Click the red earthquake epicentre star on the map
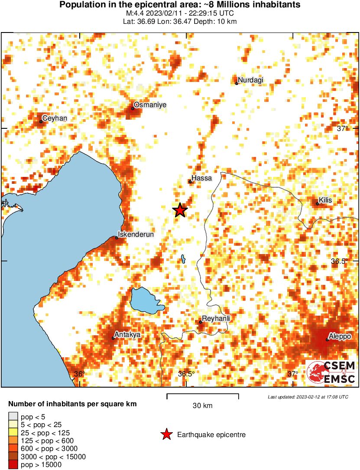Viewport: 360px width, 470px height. pos(180,210)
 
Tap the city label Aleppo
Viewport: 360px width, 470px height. pos(340,336)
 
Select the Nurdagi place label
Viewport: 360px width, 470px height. pos(250,80)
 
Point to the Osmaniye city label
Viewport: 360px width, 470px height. pos(150,105)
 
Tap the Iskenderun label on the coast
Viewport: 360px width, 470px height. pos(136,235)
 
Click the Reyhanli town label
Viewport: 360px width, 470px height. pos(216,319)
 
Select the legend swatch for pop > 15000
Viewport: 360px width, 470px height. pos(13,465)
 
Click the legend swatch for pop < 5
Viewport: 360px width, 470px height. pos(13,417)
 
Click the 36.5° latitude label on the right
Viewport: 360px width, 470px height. pos(340,261)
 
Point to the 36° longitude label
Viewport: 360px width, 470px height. pos(80,374)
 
